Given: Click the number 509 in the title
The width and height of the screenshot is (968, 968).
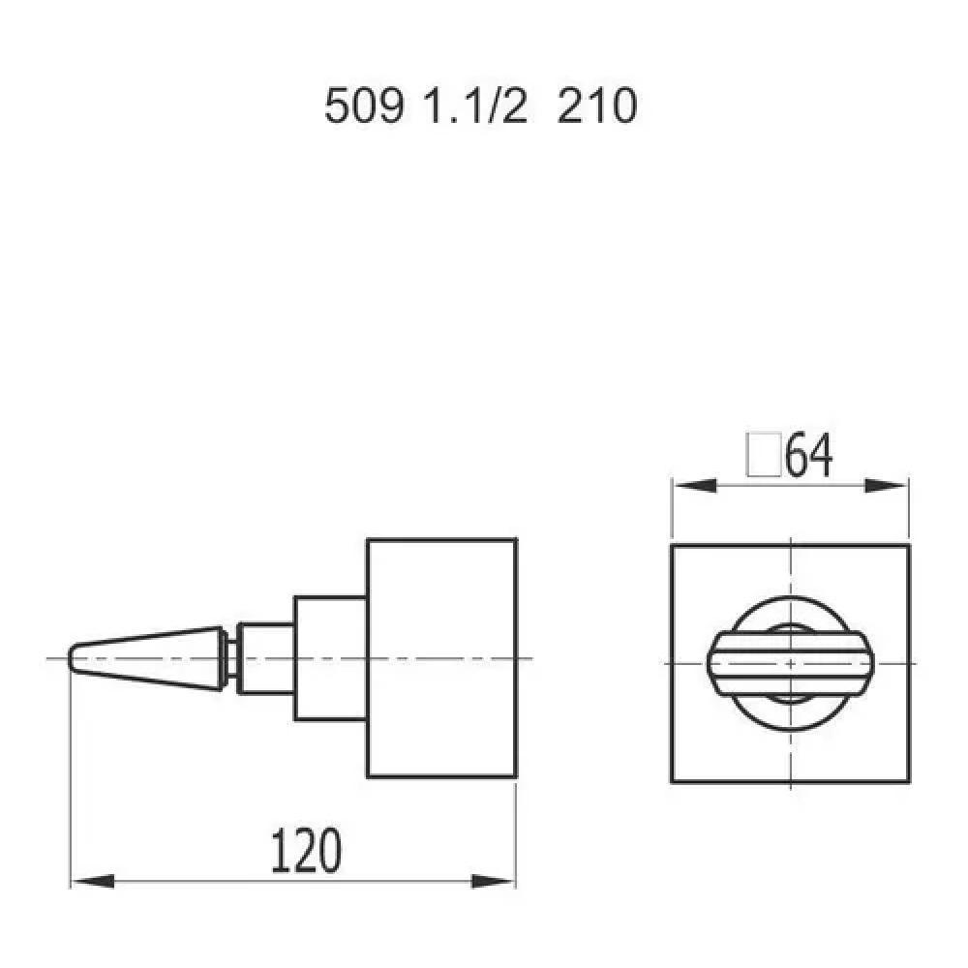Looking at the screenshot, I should [363, 106].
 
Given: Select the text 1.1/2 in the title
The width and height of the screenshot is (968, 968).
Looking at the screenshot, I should [475, 106].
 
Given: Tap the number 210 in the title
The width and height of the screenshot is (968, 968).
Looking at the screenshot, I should [597, 106].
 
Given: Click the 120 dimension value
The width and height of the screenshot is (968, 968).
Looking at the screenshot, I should [305, 851].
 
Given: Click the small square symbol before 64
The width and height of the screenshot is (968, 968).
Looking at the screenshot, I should [764, 454].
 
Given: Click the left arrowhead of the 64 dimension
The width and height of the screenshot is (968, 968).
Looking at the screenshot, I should [693, 486].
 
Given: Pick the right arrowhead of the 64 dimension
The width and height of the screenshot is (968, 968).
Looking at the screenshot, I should [888, 486].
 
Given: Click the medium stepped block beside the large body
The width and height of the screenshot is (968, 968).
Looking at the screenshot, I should [329, 658].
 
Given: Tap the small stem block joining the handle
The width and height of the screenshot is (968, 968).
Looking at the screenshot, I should [266, 658].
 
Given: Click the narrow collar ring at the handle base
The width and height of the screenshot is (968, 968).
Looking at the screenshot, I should [231, 658].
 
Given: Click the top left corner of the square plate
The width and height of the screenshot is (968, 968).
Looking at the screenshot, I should [672, 545].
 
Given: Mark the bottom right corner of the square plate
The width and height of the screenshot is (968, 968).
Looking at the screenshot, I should [911, 781].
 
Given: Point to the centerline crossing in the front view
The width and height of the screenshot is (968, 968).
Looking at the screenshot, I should [792, 663].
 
